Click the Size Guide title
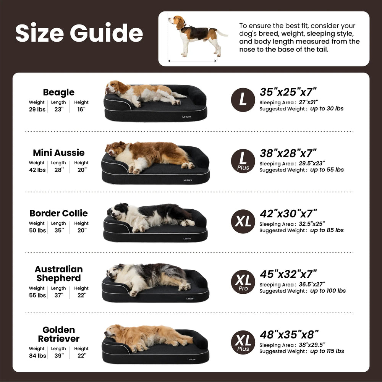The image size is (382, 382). pos(79,32)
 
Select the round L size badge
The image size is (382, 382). pos(243,100)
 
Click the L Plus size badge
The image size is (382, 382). pos(243,161)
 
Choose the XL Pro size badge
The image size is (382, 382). pos(243,282)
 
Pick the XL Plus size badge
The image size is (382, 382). pos(243,342)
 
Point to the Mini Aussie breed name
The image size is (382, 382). pos(59,153)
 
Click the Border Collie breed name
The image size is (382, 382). pos(59,213)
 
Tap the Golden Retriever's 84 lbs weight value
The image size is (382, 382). pos(37,356)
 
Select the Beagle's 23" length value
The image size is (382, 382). pos(59,109)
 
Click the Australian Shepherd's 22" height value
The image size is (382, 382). pos(82,295)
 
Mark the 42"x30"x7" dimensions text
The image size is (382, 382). pos(288,214)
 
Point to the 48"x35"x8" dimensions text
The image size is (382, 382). pos(289,335)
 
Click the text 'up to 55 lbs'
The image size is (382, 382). pos(327,170)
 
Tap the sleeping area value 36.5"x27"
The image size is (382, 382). pos(312,284)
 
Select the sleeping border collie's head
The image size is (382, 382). pos(118,211)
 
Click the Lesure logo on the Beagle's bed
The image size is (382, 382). pos(187,117)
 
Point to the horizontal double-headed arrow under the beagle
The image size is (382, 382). pos(192,61)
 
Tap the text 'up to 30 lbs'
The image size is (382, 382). pos(327,108)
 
